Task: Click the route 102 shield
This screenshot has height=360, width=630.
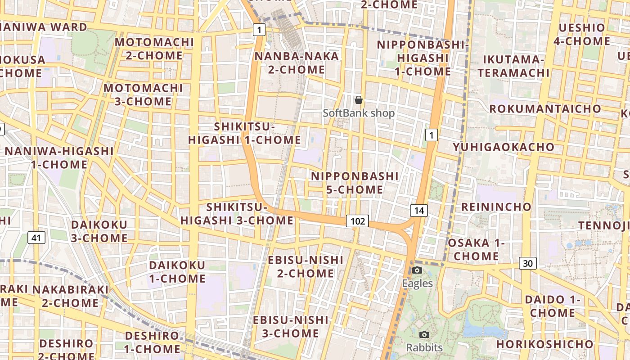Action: [357, 221]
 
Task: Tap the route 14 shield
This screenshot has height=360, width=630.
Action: [418, 210]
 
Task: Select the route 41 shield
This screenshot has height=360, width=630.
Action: [36, 237]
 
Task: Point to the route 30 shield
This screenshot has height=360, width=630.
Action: [528, 263]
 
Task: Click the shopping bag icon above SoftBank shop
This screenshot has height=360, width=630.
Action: [359, 100]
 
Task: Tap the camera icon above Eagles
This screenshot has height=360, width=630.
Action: [417, 270]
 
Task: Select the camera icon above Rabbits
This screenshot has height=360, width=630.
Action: [424, 335]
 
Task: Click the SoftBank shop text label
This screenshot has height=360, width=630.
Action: [359, 113]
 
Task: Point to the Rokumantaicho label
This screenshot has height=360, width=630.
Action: [545, 109]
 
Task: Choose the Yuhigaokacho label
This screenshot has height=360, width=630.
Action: [504, 147]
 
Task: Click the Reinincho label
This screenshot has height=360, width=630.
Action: [496, 207]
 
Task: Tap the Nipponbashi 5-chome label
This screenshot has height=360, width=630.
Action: [355, 183]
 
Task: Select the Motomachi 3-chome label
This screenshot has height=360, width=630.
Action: [143, 94]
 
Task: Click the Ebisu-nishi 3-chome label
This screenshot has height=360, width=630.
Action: [291, 327]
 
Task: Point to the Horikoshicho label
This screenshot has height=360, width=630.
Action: [545, 344]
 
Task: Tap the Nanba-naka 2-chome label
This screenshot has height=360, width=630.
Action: [297, 63]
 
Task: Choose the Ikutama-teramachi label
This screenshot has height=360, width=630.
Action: [513, 66]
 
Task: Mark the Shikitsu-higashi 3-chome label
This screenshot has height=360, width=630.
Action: [237, 214]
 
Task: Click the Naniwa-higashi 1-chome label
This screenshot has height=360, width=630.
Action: [59, 157]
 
